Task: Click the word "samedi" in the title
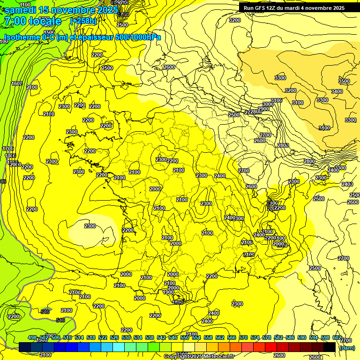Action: (x=20, y=10)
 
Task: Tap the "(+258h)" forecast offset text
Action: (x=83, y=21)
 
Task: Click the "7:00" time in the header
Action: (x=15, y=21)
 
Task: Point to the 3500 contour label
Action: (x=344, y=81)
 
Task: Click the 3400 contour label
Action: (x=337, y=91)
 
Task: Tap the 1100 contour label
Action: (x=26, y=5)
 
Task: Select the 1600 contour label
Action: (x=17, y=83)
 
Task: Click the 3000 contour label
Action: (x=268, y=104)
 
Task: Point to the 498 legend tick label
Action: (x=32, y=338)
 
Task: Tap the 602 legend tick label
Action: (x=337, y=338)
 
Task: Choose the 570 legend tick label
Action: (x=243, y=338)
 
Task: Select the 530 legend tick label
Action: (x=126, y=338)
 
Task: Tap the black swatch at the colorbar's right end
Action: (x=330, y=347)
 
